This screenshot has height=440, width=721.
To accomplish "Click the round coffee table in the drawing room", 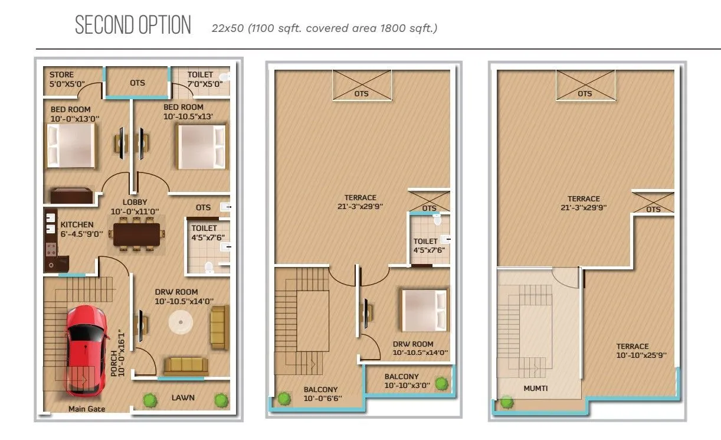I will tap(181, 322).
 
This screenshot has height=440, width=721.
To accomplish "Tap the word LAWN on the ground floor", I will tap(183, 398).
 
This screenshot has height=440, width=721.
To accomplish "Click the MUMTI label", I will tap(536, 389).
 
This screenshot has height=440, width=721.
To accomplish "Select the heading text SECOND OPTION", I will tap(133, 26).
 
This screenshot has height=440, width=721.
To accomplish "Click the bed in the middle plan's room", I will tap(424, 309).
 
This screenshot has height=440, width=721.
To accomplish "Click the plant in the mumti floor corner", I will tap(506, 403).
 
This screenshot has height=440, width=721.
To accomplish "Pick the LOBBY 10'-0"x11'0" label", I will tap(135, 207).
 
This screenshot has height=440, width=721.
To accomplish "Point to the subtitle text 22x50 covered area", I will tap(325, 28).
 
